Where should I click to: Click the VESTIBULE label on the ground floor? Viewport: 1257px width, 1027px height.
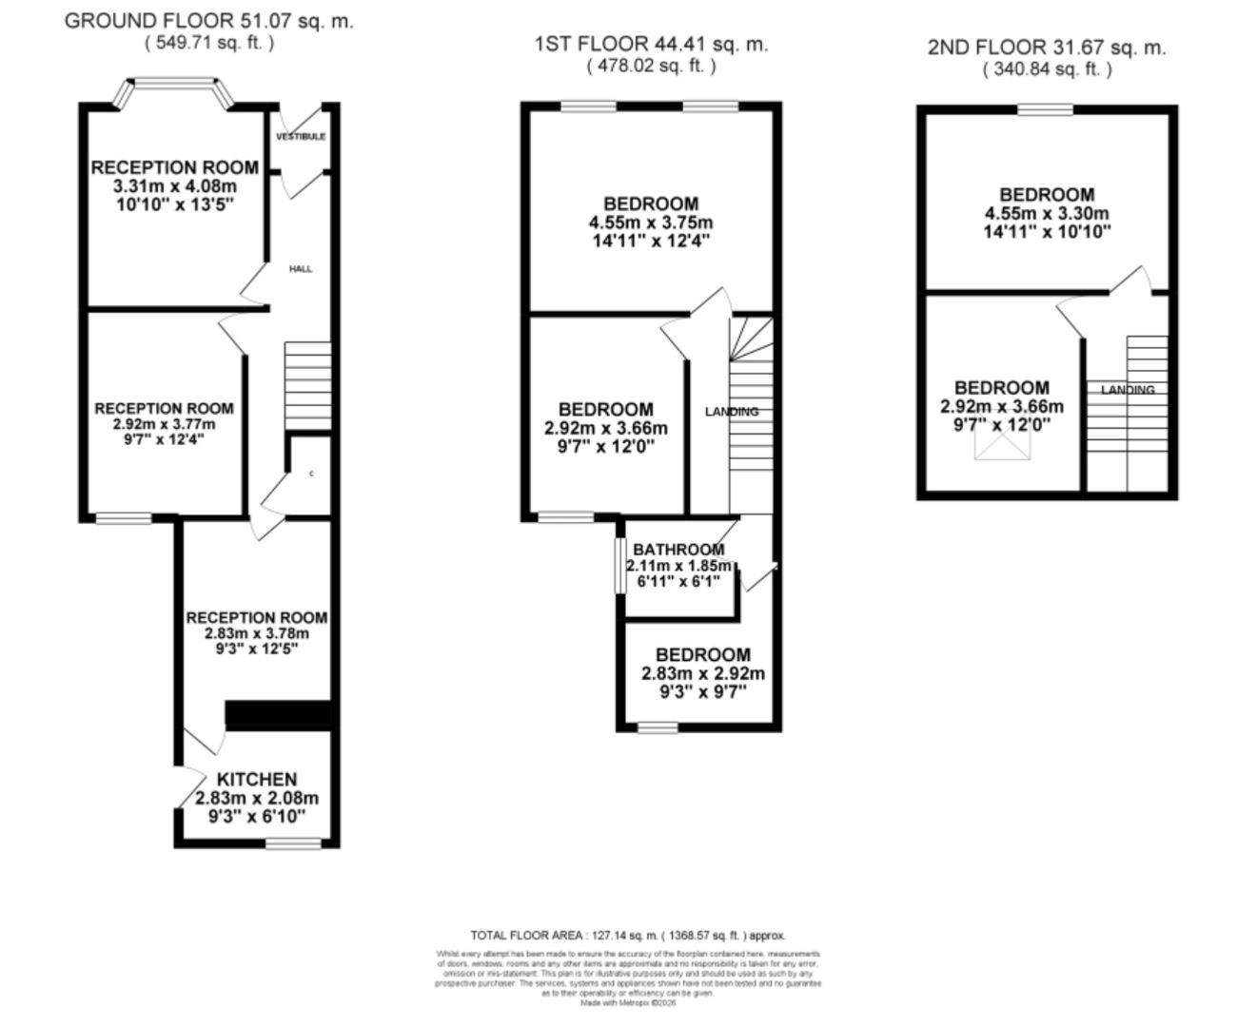(x=301, y=137)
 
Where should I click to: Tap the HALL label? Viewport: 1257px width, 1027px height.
(x=301, y=269)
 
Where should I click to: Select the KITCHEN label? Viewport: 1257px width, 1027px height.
(x=256, y=779)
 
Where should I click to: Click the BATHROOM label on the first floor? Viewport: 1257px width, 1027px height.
(x=678, y=550)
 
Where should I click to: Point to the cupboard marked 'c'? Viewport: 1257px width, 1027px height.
(x=311, y=474)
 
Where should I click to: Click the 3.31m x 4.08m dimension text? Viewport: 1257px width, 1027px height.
(x=174, y=186)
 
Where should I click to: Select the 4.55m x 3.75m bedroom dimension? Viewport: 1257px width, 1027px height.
(x=651, y=223)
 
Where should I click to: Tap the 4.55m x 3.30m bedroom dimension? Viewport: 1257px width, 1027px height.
(x=1047, y=214)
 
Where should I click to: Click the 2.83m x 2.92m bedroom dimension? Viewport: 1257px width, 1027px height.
(x=703, y=673)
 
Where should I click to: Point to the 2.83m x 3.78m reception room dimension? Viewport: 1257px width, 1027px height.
(x=256, y=633)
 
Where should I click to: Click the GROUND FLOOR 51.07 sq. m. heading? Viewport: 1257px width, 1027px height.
(x=208, y=21)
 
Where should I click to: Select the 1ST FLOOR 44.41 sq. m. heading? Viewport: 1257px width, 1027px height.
(x=651, y=44)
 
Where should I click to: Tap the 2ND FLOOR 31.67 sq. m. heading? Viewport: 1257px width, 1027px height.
(x=1047, y=48)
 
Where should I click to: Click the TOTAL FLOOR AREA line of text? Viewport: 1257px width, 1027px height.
(x=628, y=936)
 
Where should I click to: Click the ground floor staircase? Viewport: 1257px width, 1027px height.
(x=307, y=385)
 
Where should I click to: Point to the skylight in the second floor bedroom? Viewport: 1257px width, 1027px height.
(x=997, y=443)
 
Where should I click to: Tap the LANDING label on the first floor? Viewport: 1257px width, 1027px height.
(x=732, y=412)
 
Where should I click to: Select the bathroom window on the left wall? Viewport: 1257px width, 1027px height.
(x=618, y=567)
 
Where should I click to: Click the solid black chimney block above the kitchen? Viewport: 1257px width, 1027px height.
(x=277, y=715)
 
